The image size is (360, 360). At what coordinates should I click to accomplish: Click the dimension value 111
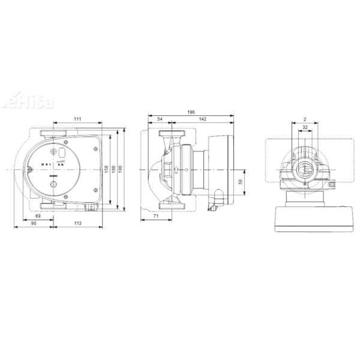78,119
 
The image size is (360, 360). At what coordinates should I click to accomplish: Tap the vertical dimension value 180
114,170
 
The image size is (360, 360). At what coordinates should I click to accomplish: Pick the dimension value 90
33,223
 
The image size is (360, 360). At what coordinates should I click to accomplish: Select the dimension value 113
77,223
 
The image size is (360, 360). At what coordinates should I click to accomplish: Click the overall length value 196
191,111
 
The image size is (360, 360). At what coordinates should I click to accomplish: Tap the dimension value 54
160,119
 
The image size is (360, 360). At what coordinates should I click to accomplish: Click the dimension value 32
305,128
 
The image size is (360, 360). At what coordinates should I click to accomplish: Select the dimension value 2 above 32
305,119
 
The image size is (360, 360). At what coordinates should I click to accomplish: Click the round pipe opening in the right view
305,169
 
